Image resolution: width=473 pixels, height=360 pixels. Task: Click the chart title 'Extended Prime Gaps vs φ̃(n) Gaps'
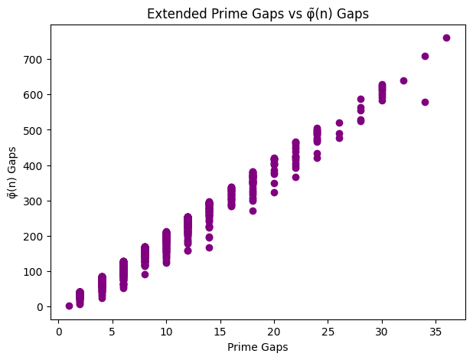coord(257,12)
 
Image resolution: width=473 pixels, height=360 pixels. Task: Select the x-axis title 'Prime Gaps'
coord(257,348)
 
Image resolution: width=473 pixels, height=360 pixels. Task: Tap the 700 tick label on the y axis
coord(35,60)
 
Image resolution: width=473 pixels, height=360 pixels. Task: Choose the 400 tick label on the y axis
coord(35,165)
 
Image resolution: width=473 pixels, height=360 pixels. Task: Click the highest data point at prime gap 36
coord(446,38)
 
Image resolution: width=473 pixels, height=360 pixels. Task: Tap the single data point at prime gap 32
coord(403,80)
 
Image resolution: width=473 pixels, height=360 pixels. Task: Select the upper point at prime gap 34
coord(425,56)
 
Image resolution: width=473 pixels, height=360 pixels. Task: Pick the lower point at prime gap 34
coord(425,102)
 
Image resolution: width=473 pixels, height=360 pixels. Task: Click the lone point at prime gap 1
coord(69,306)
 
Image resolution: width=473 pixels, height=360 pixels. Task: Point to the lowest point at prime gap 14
coord(209,247)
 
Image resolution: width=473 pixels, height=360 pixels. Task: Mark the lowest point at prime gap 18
coord(253,211)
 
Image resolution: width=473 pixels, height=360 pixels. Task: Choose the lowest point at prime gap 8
coord(145,274)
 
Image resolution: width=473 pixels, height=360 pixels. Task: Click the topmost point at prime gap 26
coord(339,123)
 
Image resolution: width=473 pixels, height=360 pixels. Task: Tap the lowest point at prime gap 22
coord(295,177)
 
